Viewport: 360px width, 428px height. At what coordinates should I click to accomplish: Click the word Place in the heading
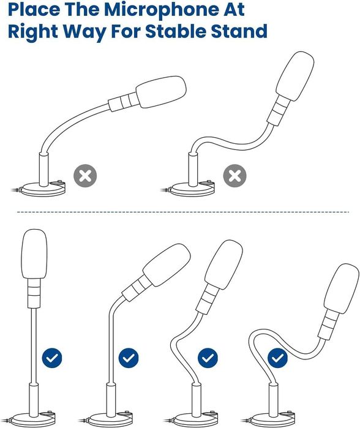pyautogui.click(x=34, y=9)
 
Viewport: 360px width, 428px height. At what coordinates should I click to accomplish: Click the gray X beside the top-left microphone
pyautogui.click(x=85, y=176)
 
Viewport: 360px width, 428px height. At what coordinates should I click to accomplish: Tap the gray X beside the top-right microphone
pyautogui.click(x=234, y=176)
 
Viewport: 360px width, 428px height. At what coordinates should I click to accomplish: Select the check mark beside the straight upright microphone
pyautogui.click(x=52, y=358)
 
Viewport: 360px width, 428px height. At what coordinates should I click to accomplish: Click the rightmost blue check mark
pyautogui.click(x=277, y=358)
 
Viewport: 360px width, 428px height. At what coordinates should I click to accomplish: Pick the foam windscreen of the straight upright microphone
pyautogui.click(x=34, y=254)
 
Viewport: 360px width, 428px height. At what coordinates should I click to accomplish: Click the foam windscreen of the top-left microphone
pyautogui.click(x=161, y=92)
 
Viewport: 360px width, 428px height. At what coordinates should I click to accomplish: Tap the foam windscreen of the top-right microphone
pyautogui.click(x=294, y=76)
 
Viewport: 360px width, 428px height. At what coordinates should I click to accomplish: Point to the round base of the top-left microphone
pyautogui.click(x=43, y=189)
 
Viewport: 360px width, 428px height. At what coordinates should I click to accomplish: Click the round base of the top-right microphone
pyautogui.click(x=192, y=189)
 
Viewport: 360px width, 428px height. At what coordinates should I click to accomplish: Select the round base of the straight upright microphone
pyautogui.click(x=32, y=420)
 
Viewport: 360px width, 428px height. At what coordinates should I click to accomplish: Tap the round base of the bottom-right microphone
pyautogui.click(x=273, y=421)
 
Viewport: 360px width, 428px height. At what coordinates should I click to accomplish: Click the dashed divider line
pyautogui.click(x=183, y=212)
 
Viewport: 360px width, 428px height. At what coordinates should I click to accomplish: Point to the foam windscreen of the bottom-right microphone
pyautogui.click(x=342, y=289)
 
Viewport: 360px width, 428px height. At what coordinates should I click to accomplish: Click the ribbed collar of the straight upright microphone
pyautogui.click(x=34, y=293)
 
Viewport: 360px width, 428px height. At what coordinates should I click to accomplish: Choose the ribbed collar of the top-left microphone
pyautogui.click(x=123, y=102)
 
